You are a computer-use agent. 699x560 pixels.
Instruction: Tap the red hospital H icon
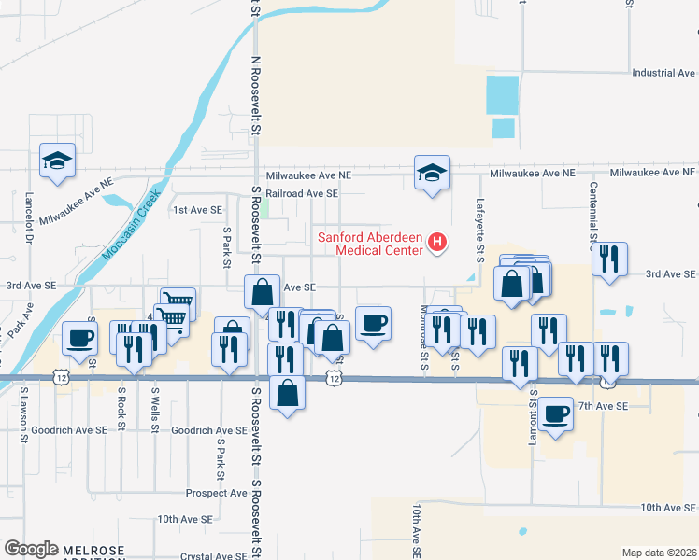point(436,245)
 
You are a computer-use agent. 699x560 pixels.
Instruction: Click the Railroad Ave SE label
point(301,193)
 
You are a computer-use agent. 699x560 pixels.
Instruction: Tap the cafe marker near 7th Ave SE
point(555,413)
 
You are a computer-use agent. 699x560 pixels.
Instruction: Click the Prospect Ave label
point(216,493)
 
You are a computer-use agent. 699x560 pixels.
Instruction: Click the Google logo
point(31,549)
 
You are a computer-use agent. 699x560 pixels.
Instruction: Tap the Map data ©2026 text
point(658,553)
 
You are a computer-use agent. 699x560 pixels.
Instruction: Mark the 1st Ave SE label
point(196,211)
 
